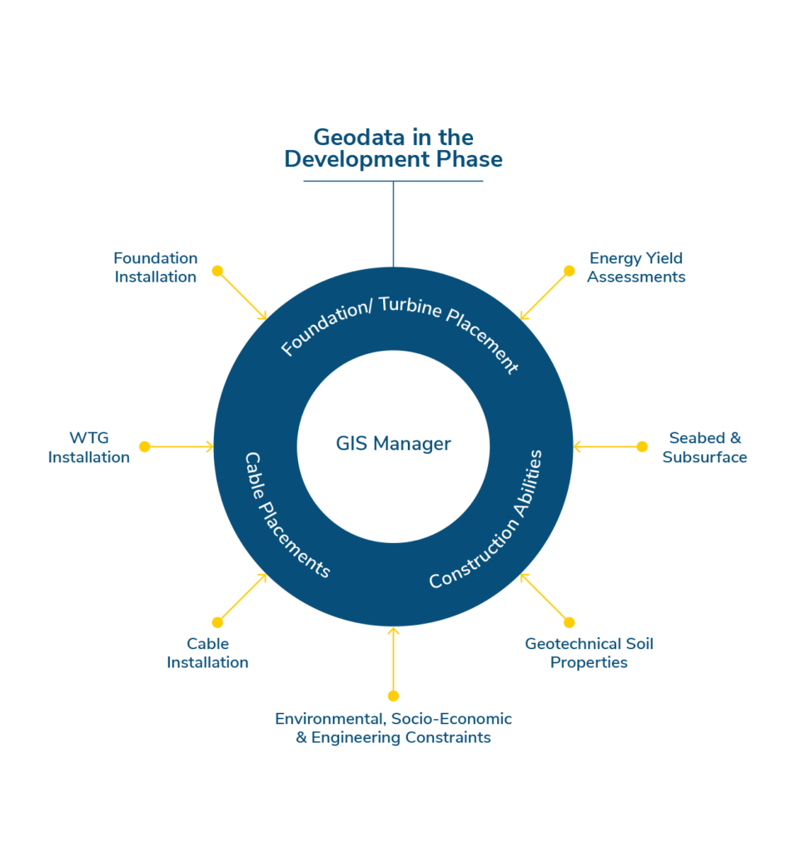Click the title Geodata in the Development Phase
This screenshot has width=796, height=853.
click(x=393, y=148)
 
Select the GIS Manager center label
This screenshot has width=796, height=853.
click(x=393, y=444)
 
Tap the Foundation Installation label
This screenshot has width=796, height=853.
click(x=156, y=267)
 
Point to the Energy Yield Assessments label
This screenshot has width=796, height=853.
click(x=636, y=267)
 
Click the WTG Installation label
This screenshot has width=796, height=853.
click(x=89, y=447)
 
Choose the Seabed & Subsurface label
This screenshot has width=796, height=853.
click(x=704, y=447)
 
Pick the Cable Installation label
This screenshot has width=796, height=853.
click(x=207, y=653)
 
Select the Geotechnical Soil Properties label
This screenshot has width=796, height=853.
click(x=589, y=653)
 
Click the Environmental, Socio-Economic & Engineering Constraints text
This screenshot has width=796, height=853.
click(x=393, y=728)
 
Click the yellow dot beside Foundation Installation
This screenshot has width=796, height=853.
click(x=217, y=271)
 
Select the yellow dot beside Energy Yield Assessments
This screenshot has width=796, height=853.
click(x=569, y=271)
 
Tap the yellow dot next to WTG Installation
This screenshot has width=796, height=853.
click(x=144, y=446)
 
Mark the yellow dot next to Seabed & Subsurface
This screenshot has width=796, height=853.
click(x=642, y=446)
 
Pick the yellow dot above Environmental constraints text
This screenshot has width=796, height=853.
click(x=393, y=696)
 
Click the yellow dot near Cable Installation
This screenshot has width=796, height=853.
click(x=217, y=622)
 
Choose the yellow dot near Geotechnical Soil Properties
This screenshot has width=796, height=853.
click(x=569, y=622)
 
